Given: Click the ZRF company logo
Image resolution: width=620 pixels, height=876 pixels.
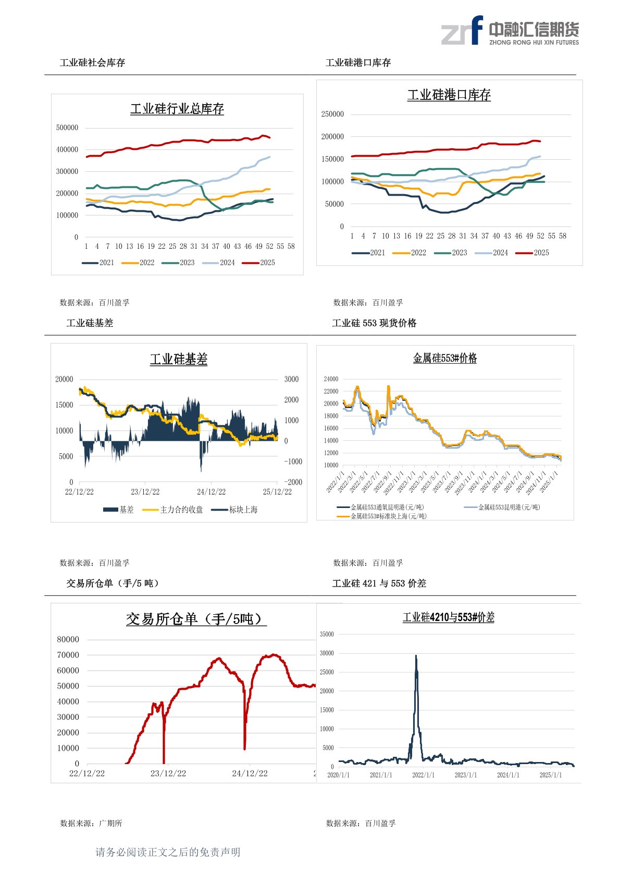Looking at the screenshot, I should pos(510,31).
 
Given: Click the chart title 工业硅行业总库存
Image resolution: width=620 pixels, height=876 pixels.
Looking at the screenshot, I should pos(177,109).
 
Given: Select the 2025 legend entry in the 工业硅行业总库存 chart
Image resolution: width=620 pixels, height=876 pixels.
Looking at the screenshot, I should pos(259,263).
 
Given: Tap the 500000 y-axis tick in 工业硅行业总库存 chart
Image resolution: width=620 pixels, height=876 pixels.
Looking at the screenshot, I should pos(67,128).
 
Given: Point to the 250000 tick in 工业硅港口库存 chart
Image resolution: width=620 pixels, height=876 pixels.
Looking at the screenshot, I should pos(332,114).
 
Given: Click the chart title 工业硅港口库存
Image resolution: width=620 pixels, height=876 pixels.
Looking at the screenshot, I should pos(449,95).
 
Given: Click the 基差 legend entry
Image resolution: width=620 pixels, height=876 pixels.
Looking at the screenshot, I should pos(119,510).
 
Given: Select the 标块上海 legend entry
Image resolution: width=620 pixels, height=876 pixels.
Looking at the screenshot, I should pos(235,510).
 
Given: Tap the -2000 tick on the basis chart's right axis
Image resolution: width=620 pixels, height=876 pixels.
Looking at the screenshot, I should pos(293,483).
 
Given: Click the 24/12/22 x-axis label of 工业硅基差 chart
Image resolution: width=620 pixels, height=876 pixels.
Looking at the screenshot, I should pos(211,492).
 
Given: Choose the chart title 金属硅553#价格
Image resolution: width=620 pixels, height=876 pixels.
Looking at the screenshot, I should pos(444,359).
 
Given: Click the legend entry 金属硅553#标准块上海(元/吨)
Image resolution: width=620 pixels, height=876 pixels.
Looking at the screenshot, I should pos(382,516).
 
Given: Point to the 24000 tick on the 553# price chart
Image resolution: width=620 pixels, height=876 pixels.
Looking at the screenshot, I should pos(331,379).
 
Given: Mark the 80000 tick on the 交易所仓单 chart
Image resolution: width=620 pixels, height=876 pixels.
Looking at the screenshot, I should pos(68,640).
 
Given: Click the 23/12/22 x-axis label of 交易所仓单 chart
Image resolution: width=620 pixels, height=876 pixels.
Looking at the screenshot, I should pos(168,774).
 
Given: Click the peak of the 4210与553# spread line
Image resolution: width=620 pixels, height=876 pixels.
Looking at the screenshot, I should pos(416,656).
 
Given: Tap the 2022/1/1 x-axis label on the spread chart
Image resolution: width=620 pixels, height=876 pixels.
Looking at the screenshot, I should pos(423,775).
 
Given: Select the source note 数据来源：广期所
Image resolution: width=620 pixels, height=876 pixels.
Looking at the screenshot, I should pos(91,823).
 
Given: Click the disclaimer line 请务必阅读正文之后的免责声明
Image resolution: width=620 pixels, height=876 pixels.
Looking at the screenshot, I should pos(168,852).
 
